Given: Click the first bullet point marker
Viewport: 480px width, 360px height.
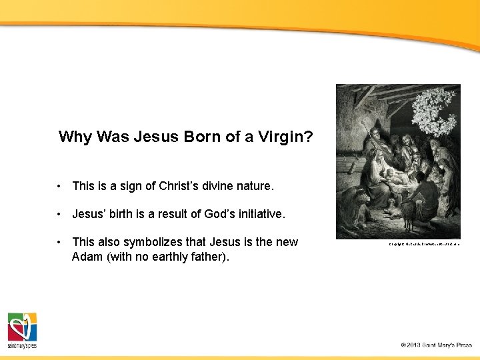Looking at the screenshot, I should pos(60,186).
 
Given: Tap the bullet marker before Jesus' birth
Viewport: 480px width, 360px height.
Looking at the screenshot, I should pos(60,214).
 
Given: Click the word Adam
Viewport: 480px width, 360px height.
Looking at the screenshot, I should pos(87,257).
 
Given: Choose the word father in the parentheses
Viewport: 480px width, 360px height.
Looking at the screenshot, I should pos(210,257).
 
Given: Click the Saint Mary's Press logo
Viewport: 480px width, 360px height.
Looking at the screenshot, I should pos(22,330).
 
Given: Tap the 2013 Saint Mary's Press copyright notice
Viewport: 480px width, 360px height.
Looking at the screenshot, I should pos(436,345).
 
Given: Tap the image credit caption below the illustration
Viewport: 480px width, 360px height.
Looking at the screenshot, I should pos(424,244).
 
